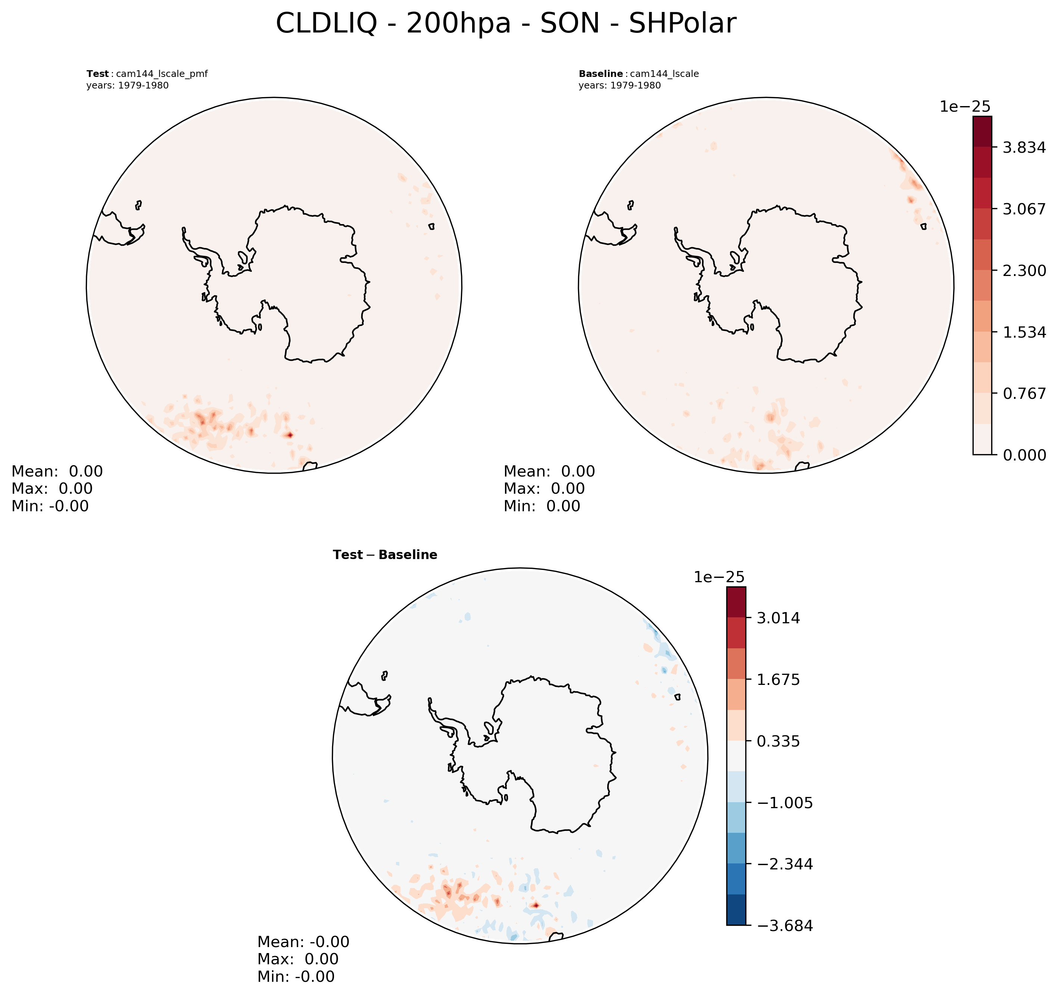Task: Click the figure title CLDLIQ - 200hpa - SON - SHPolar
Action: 506,24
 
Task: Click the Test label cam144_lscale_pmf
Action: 147,74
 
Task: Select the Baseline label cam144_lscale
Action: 639,74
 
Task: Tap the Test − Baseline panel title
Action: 385,555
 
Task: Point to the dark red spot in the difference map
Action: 536,905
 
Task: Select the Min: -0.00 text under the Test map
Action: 50,506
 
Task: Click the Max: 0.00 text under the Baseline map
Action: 544,488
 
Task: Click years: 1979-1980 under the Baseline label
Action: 619,86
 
